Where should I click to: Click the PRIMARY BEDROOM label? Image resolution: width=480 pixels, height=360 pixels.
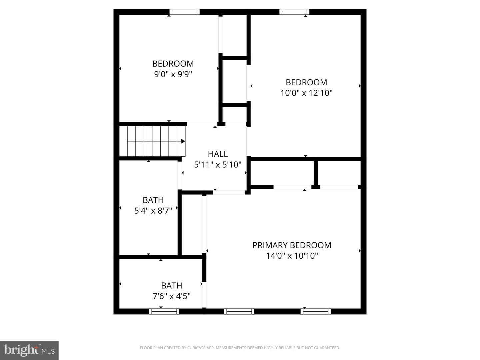292,245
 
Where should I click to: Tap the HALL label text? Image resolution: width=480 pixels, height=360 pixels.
218,154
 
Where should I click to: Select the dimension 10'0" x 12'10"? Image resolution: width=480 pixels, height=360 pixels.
306,93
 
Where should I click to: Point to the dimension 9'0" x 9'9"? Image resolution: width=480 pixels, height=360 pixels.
173,74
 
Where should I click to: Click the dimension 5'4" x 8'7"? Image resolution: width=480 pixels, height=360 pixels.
153,210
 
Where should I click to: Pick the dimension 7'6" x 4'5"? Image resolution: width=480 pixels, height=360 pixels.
171,296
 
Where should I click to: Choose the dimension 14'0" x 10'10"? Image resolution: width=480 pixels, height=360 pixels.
292,256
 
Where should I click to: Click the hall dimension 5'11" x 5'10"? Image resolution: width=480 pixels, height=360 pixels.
218,165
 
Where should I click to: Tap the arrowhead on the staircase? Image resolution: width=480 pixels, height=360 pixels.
183,141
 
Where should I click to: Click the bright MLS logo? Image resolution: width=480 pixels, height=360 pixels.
29,350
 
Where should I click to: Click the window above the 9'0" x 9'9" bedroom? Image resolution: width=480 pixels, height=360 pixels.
184,12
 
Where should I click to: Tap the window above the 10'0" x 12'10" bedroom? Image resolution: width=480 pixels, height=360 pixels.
294,12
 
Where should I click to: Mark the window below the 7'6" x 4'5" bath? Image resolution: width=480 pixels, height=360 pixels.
164,311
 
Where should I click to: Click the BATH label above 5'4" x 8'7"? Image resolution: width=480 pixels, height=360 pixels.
153,200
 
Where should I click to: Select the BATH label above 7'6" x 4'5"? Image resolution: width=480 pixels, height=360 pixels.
171,285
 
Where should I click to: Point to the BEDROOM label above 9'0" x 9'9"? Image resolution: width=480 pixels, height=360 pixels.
173,64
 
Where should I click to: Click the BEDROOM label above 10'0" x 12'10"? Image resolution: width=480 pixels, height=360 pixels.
306,82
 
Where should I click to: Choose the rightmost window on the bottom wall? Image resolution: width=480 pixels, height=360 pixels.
316,311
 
